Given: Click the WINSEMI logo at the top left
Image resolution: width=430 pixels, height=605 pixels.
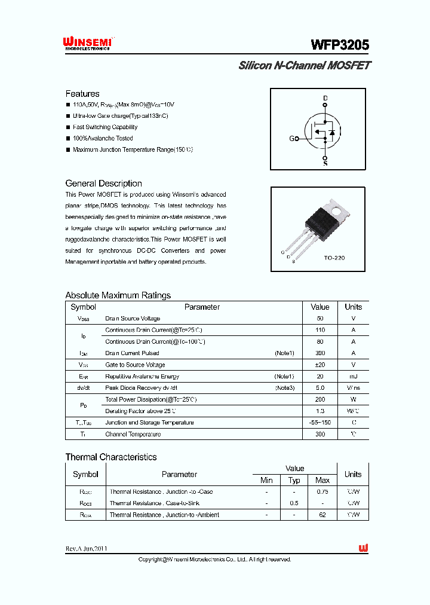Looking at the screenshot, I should (87, 43).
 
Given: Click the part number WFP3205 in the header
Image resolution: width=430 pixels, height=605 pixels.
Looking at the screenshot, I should (339, 45).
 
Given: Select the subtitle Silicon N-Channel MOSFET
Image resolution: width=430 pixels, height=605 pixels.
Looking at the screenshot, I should (304, 66).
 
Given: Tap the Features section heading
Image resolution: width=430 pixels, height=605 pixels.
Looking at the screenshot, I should (82, 94).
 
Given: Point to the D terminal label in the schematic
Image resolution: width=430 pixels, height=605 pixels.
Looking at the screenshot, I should (325, 97).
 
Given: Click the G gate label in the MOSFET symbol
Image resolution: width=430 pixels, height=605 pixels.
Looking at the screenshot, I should (292, 139).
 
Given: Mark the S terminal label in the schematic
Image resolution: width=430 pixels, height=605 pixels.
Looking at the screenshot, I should (325, 163).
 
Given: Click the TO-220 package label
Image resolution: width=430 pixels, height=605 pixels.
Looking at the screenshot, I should (334, 258).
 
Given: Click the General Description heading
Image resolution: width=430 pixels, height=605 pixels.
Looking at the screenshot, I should (103, 184).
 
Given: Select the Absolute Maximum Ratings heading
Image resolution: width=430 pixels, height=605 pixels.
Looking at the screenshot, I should (118, 295).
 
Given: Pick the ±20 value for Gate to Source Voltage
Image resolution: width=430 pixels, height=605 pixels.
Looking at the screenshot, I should (320, 365).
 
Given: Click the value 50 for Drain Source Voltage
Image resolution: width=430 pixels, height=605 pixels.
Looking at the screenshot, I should (320, 319).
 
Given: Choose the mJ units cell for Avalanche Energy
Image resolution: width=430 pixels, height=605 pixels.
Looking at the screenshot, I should (353, 377).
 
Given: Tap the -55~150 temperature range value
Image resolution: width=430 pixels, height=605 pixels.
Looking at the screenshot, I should (320, 423).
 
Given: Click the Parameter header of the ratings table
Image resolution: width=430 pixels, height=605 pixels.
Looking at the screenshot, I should (202, 307).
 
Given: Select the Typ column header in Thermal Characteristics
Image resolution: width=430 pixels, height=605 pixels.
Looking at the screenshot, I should (294, 481).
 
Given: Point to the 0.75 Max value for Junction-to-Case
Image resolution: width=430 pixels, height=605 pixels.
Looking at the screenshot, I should (322, 492).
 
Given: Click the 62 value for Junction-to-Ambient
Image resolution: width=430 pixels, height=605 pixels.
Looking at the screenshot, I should (322, 515).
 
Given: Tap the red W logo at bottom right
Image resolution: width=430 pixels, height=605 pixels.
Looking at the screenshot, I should (363, 548).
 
